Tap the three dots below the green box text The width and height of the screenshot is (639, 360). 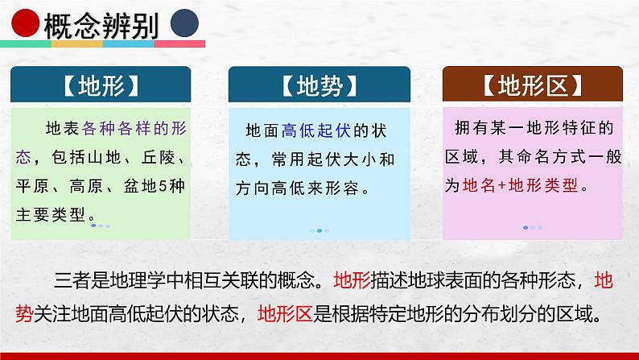point(101,226)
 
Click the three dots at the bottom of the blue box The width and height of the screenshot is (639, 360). point(319,230)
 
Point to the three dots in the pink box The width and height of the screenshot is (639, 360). point(532,227)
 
